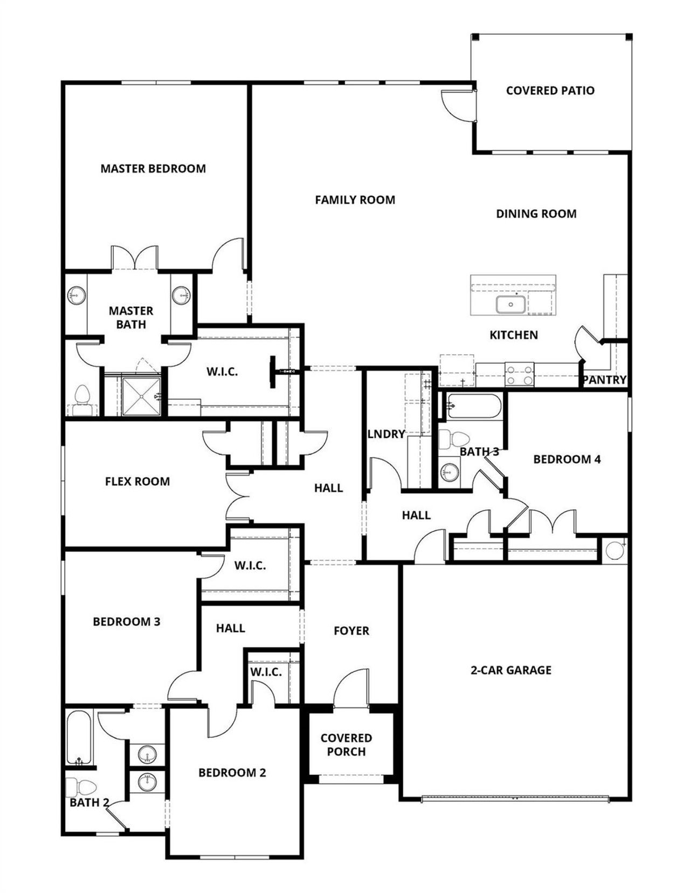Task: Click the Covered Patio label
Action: click(550, 91)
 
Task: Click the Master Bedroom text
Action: click(153, 169)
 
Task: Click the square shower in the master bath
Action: click(141, 397)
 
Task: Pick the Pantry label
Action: click(605, 380)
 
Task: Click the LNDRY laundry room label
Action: click(386, 434)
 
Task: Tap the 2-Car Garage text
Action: click(511, 670)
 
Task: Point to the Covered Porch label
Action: click(346, 745)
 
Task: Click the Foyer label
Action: click(351, 631)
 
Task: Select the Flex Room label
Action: click(137, 482)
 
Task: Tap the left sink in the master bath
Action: click(76, 296)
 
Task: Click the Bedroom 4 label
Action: click(567, 459)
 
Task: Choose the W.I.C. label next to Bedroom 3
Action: click(250, 566)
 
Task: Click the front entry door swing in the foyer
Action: click(350, 688)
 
